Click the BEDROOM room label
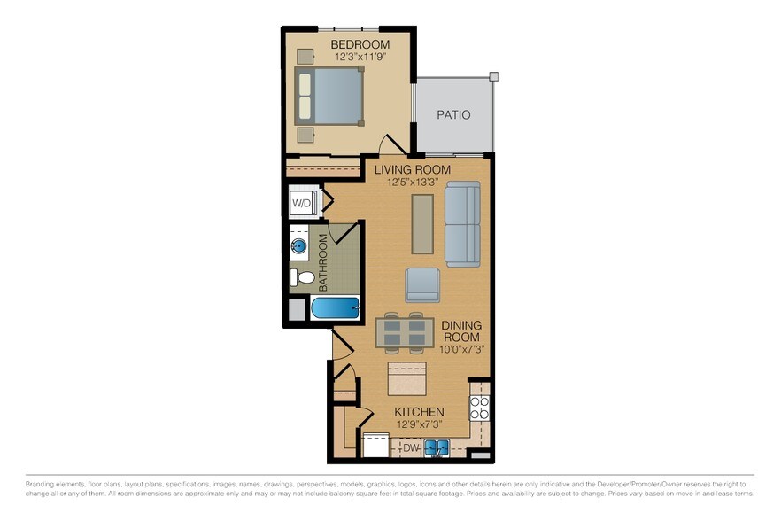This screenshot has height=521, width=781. click(x=360, y=44)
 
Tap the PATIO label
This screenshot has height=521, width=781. click(x=453, y=115)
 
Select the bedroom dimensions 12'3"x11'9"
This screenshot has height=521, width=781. click(x=360, y=57)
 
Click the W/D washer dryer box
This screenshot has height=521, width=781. click(x=302, y=203)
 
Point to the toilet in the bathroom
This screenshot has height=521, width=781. click(x=303, y=277)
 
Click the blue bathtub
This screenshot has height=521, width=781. click(x=336, y=309)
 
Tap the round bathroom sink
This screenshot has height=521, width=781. click(x=300, y=246)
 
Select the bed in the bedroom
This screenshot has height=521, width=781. click(x=329, y=96)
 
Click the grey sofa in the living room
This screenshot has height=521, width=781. click(x=461, y=224)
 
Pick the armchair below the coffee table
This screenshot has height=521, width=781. click(x=422, y=284)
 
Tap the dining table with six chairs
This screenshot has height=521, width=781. click(x=404, y=332)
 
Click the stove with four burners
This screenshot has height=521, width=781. click(x=479, y=408)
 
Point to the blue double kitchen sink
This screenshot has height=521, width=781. click(x=436, y=448)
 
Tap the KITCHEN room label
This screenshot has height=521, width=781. click(x=419, y=413)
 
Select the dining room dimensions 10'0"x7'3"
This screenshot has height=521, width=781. click(x=460, y=349)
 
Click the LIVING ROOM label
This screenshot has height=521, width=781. click(x=412, y=169)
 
